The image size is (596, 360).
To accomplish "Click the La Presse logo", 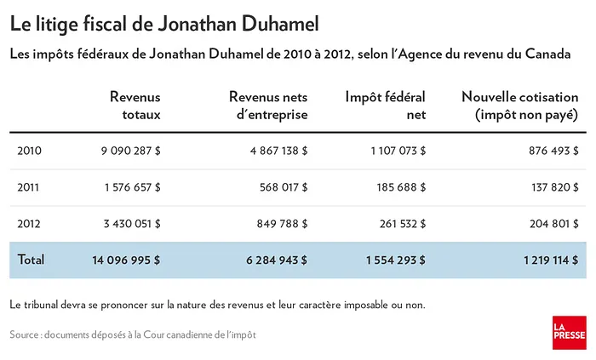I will [x=568, y=333].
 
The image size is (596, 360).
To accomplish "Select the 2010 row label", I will [x=29, y=151].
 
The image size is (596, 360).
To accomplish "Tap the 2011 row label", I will [x=29, y=188].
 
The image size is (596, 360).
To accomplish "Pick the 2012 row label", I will [x=29, y=225].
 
